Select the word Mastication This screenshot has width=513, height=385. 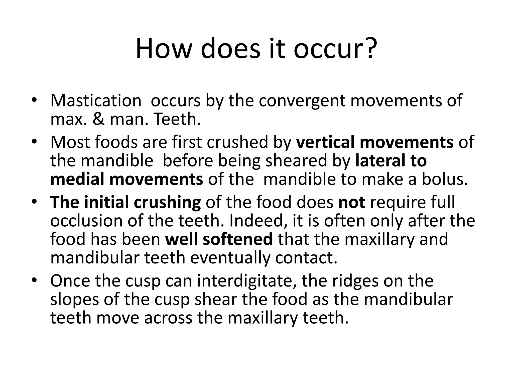(96, 101)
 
